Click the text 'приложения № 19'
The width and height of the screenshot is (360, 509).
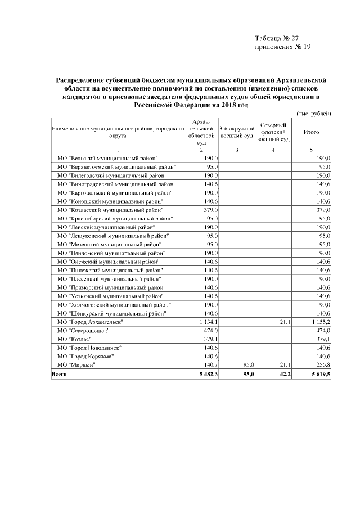283,47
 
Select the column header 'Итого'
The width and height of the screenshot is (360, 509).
311,132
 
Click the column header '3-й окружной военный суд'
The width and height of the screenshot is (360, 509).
237,132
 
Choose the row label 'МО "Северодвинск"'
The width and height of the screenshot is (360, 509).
83,330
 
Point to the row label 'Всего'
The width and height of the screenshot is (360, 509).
59,373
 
